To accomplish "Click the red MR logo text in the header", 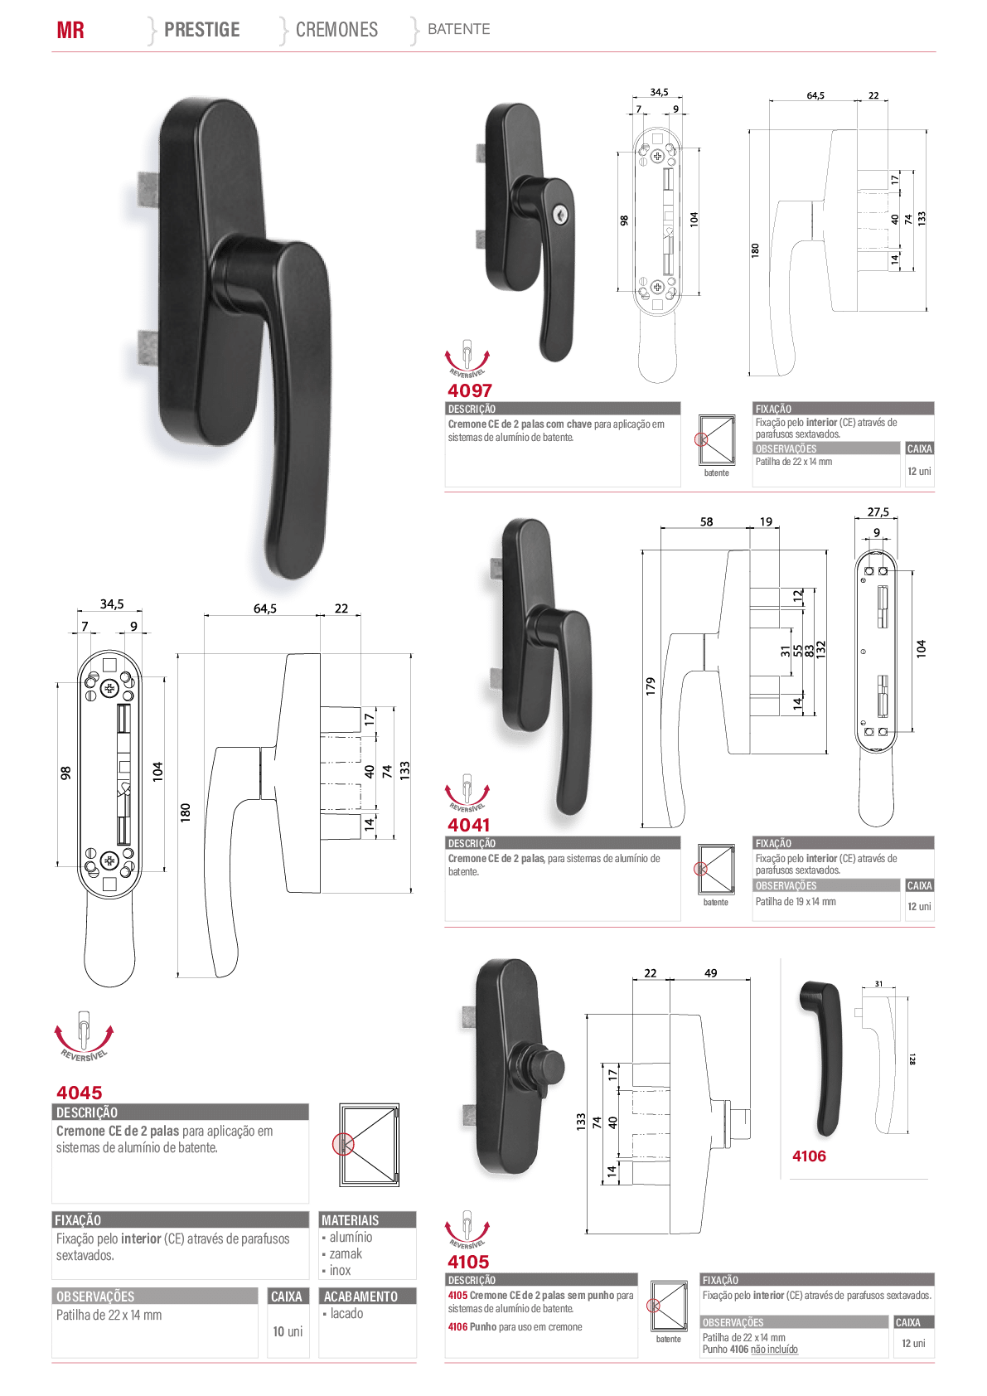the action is (x=70, y=30).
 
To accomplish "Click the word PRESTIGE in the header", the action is (x=202, y=30).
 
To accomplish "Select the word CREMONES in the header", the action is (x=336, y=30).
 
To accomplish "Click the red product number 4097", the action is (x=470, y=390).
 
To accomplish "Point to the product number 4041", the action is (x=468, y=825).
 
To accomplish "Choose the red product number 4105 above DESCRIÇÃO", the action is (x=468, y=1262).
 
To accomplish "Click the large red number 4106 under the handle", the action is (x=809, y=1156).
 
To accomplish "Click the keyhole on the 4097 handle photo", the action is (x=559, y=212).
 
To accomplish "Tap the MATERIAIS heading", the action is (x=351, y=1220).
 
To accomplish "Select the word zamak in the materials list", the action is (x=346, y=1253).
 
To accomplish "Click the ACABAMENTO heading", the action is (x=360, y=1297).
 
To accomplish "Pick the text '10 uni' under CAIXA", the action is (x=288, y=1331).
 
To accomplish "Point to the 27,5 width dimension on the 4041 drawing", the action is (x=878, y=511).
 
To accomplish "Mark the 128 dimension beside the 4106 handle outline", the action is (x=912, y=1059).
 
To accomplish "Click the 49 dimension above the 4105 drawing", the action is (x=711, y=973).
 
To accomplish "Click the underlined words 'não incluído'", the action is (x=774, y=1350).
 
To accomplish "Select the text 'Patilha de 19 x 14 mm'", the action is (x=796, y=901).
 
